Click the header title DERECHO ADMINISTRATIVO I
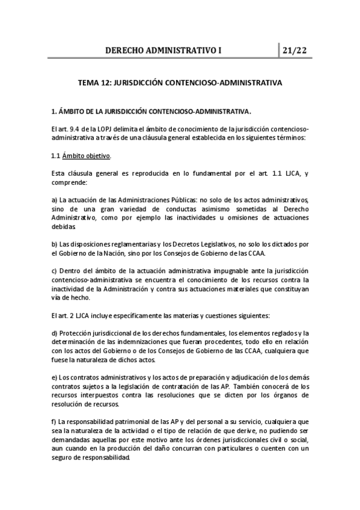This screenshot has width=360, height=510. click(163, 51)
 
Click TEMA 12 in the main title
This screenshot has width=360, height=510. click(96, 84)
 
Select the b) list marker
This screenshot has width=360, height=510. click(54, 244)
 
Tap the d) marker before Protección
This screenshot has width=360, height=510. click(54, 334)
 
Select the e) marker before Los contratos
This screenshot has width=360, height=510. click(54, 378)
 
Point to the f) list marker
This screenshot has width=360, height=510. click(53, 422)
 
